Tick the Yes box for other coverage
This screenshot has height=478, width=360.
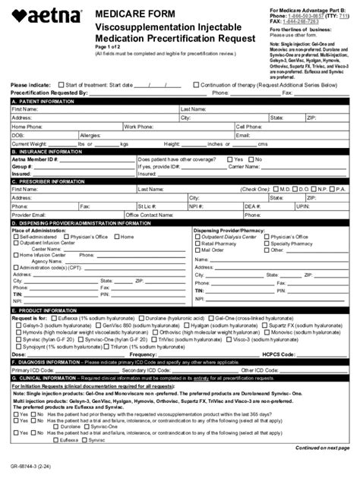229,159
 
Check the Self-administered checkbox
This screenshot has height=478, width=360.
15,237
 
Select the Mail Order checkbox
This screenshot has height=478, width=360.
197,250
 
